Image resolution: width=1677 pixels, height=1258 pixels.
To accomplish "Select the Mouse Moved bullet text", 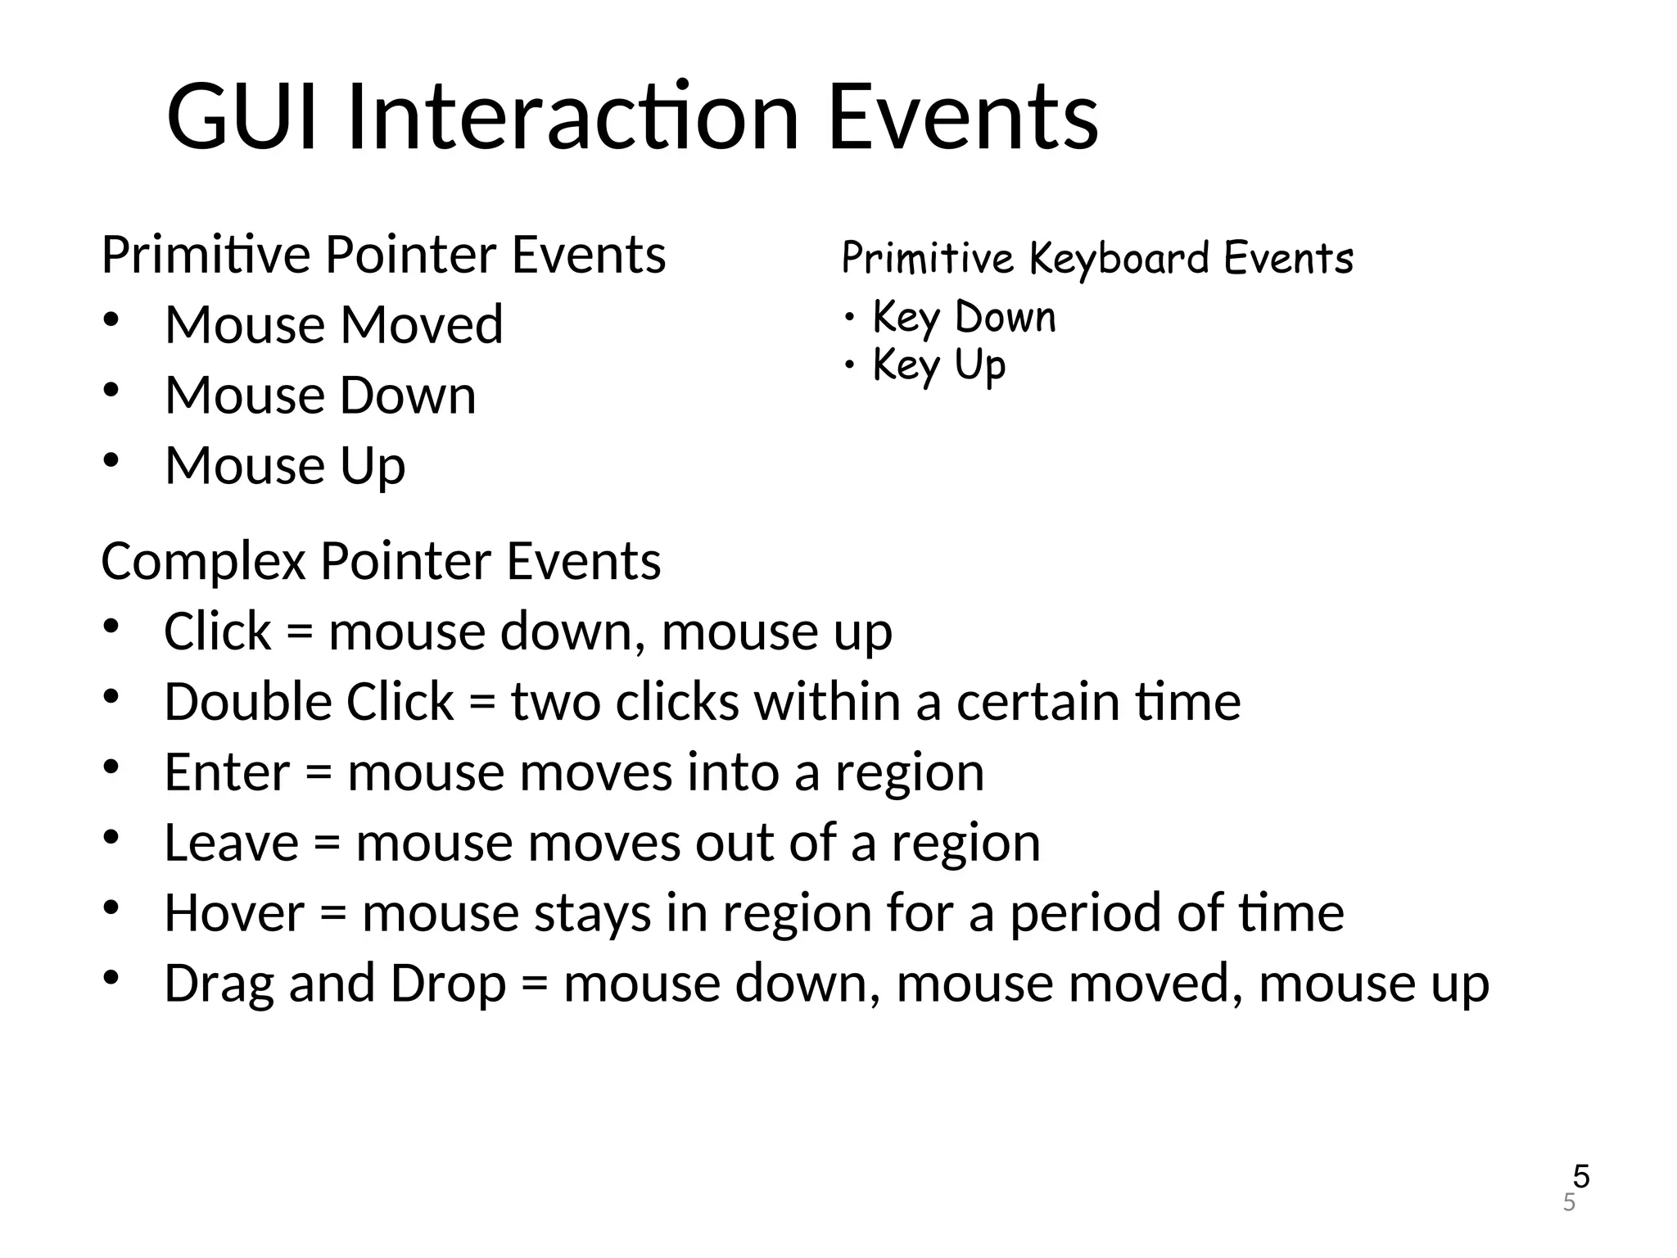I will (334, 324).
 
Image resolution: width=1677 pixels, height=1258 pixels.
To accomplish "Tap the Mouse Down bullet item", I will (320, 396).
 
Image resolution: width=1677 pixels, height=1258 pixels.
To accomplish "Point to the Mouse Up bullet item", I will (285, 466).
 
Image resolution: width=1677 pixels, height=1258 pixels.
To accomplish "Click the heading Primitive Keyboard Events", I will (1097, 258).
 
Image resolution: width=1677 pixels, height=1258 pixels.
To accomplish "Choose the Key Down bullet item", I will (964, 317).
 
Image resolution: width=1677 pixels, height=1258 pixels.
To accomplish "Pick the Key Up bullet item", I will (939, 365).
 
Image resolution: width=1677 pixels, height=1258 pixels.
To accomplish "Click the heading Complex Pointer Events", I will (381, 562).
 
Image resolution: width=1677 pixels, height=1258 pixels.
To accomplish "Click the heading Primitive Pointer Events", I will (383, 255).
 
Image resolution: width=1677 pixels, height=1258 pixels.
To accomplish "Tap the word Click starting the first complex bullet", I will (218, 631).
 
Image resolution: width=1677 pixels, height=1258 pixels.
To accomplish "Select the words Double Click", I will (309, 702).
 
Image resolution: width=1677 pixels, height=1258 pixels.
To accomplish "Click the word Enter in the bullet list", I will (227, 772).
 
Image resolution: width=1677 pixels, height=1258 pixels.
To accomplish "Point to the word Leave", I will (232, 843).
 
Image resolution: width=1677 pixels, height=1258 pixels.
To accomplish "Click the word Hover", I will (234, 913).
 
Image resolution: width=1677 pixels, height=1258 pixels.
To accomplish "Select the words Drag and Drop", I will (335, 984).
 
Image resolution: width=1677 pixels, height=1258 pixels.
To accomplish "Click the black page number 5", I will (1581, 1177).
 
